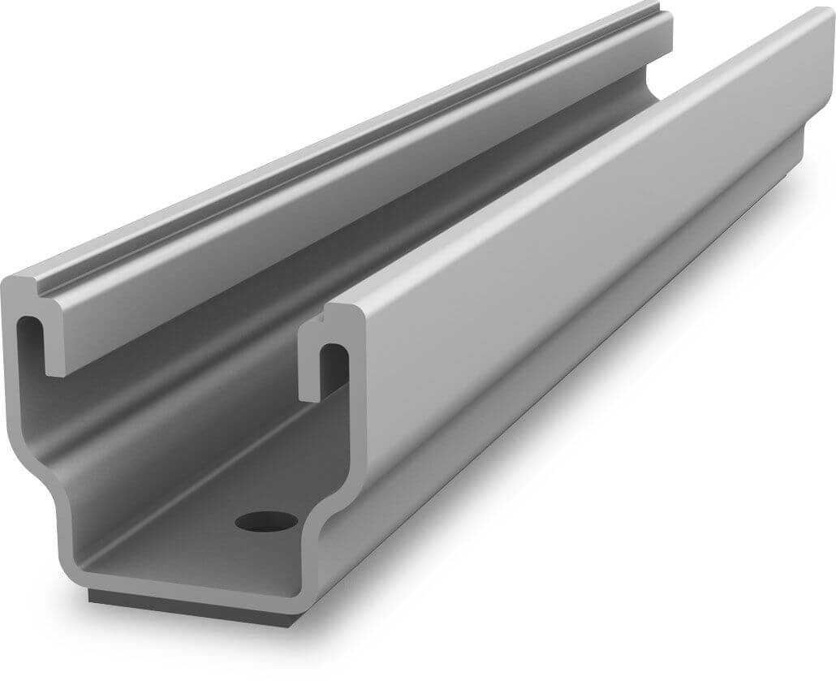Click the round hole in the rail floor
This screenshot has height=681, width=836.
[265, 520]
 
